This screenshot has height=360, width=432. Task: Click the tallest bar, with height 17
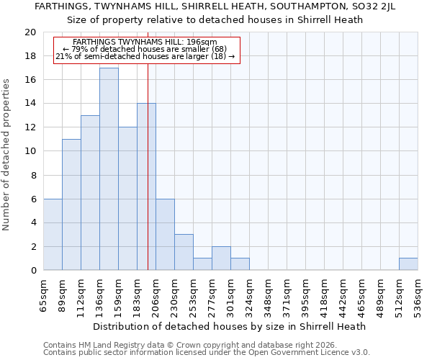coord(109,169)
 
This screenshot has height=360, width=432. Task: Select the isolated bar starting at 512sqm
coord(408,264)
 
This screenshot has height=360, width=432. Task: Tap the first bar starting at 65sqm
coord(53,235)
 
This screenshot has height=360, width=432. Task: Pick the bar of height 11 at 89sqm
coord(71,204)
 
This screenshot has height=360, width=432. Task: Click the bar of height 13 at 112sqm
coord(90,193)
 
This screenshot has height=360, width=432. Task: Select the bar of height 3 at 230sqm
coord(184,252)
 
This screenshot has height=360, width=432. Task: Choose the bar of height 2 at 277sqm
coord(221,258)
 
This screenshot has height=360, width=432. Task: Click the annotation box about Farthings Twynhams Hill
coord(145,50)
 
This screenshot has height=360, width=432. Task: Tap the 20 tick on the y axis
coord(30,32)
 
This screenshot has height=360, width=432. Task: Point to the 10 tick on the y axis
coord(30,151)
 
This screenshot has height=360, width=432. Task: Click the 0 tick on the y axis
coord(33,271)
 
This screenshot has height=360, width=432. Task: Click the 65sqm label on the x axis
coord(44,295)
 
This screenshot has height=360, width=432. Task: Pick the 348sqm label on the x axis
coord(269,295)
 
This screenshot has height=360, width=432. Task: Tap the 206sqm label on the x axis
coord(156,295)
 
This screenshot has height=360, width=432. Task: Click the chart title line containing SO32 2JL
coord(216,6)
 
